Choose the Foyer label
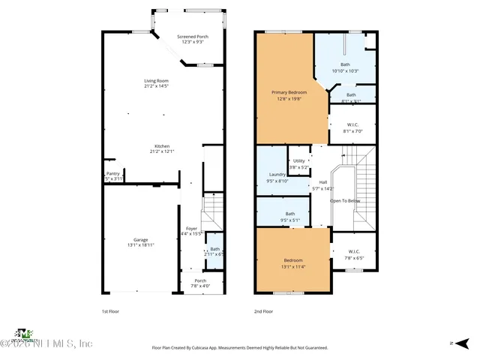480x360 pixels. coord(191,228)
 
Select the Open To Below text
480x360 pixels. coord(345,201)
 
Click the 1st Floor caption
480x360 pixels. coord(110,311)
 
